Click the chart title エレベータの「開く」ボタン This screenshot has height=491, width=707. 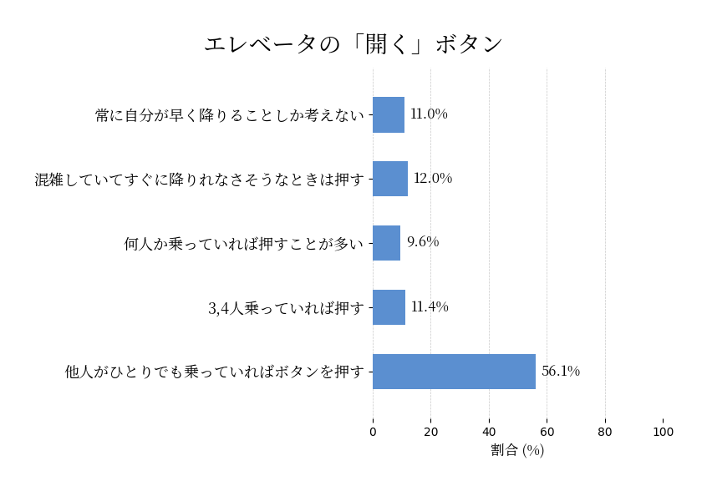coord(353,44)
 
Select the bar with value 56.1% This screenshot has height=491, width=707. coord(454,372)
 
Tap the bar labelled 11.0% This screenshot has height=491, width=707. coord(389,114)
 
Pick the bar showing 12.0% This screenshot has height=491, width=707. coord(390,179)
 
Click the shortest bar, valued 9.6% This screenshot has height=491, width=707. coord(386,243)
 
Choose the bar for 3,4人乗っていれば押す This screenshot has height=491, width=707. coord(389,307)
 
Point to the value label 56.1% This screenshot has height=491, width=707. coord(561,372)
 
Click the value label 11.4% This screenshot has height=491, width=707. coord(430,307)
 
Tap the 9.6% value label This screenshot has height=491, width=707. coord(423,242)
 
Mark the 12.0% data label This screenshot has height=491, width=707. coord(433,179)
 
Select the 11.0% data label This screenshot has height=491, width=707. coord(429,114)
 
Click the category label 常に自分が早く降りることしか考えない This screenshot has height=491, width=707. coord(230,115)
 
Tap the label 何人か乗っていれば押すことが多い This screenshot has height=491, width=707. coord(244,244)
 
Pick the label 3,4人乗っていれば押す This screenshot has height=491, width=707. coord(286,308)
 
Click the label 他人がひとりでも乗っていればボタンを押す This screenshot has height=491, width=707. coord(215,372)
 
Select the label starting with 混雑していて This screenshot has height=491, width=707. coord(200,180)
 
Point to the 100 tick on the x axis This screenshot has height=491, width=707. coord(663,432)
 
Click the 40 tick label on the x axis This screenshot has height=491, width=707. coord(489,432)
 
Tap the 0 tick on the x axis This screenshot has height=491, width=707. coord(373,432)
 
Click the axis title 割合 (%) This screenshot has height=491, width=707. coord(517,450)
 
